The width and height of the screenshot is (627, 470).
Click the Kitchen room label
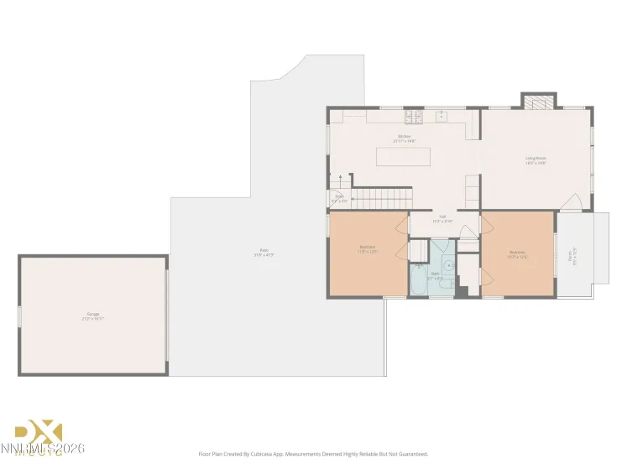tap(405, 138)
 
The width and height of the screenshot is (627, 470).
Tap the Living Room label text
tap(536, 159)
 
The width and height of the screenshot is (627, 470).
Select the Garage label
tap(91, 316)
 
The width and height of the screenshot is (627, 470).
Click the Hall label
tap(442, 220)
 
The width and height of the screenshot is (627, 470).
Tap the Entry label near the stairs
tap(339, 199)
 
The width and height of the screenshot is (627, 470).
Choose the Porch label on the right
tap(572, 254)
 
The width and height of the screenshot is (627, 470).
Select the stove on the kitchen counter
tap(413, 116)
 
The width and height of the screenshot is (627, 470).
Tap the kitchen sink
tap(439, 116)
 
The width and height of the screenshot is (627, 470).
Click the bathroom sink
tap(448, 265)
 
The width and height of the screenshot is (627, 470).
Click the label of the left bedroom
tap(368, 249)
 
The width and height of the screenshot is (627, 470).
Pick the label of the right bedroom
tap(517, 254)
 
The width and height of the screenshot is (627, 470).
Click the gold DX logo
tap(41, 432)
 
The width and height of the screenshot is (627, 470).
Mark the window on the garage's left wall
tap(20, 316)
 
